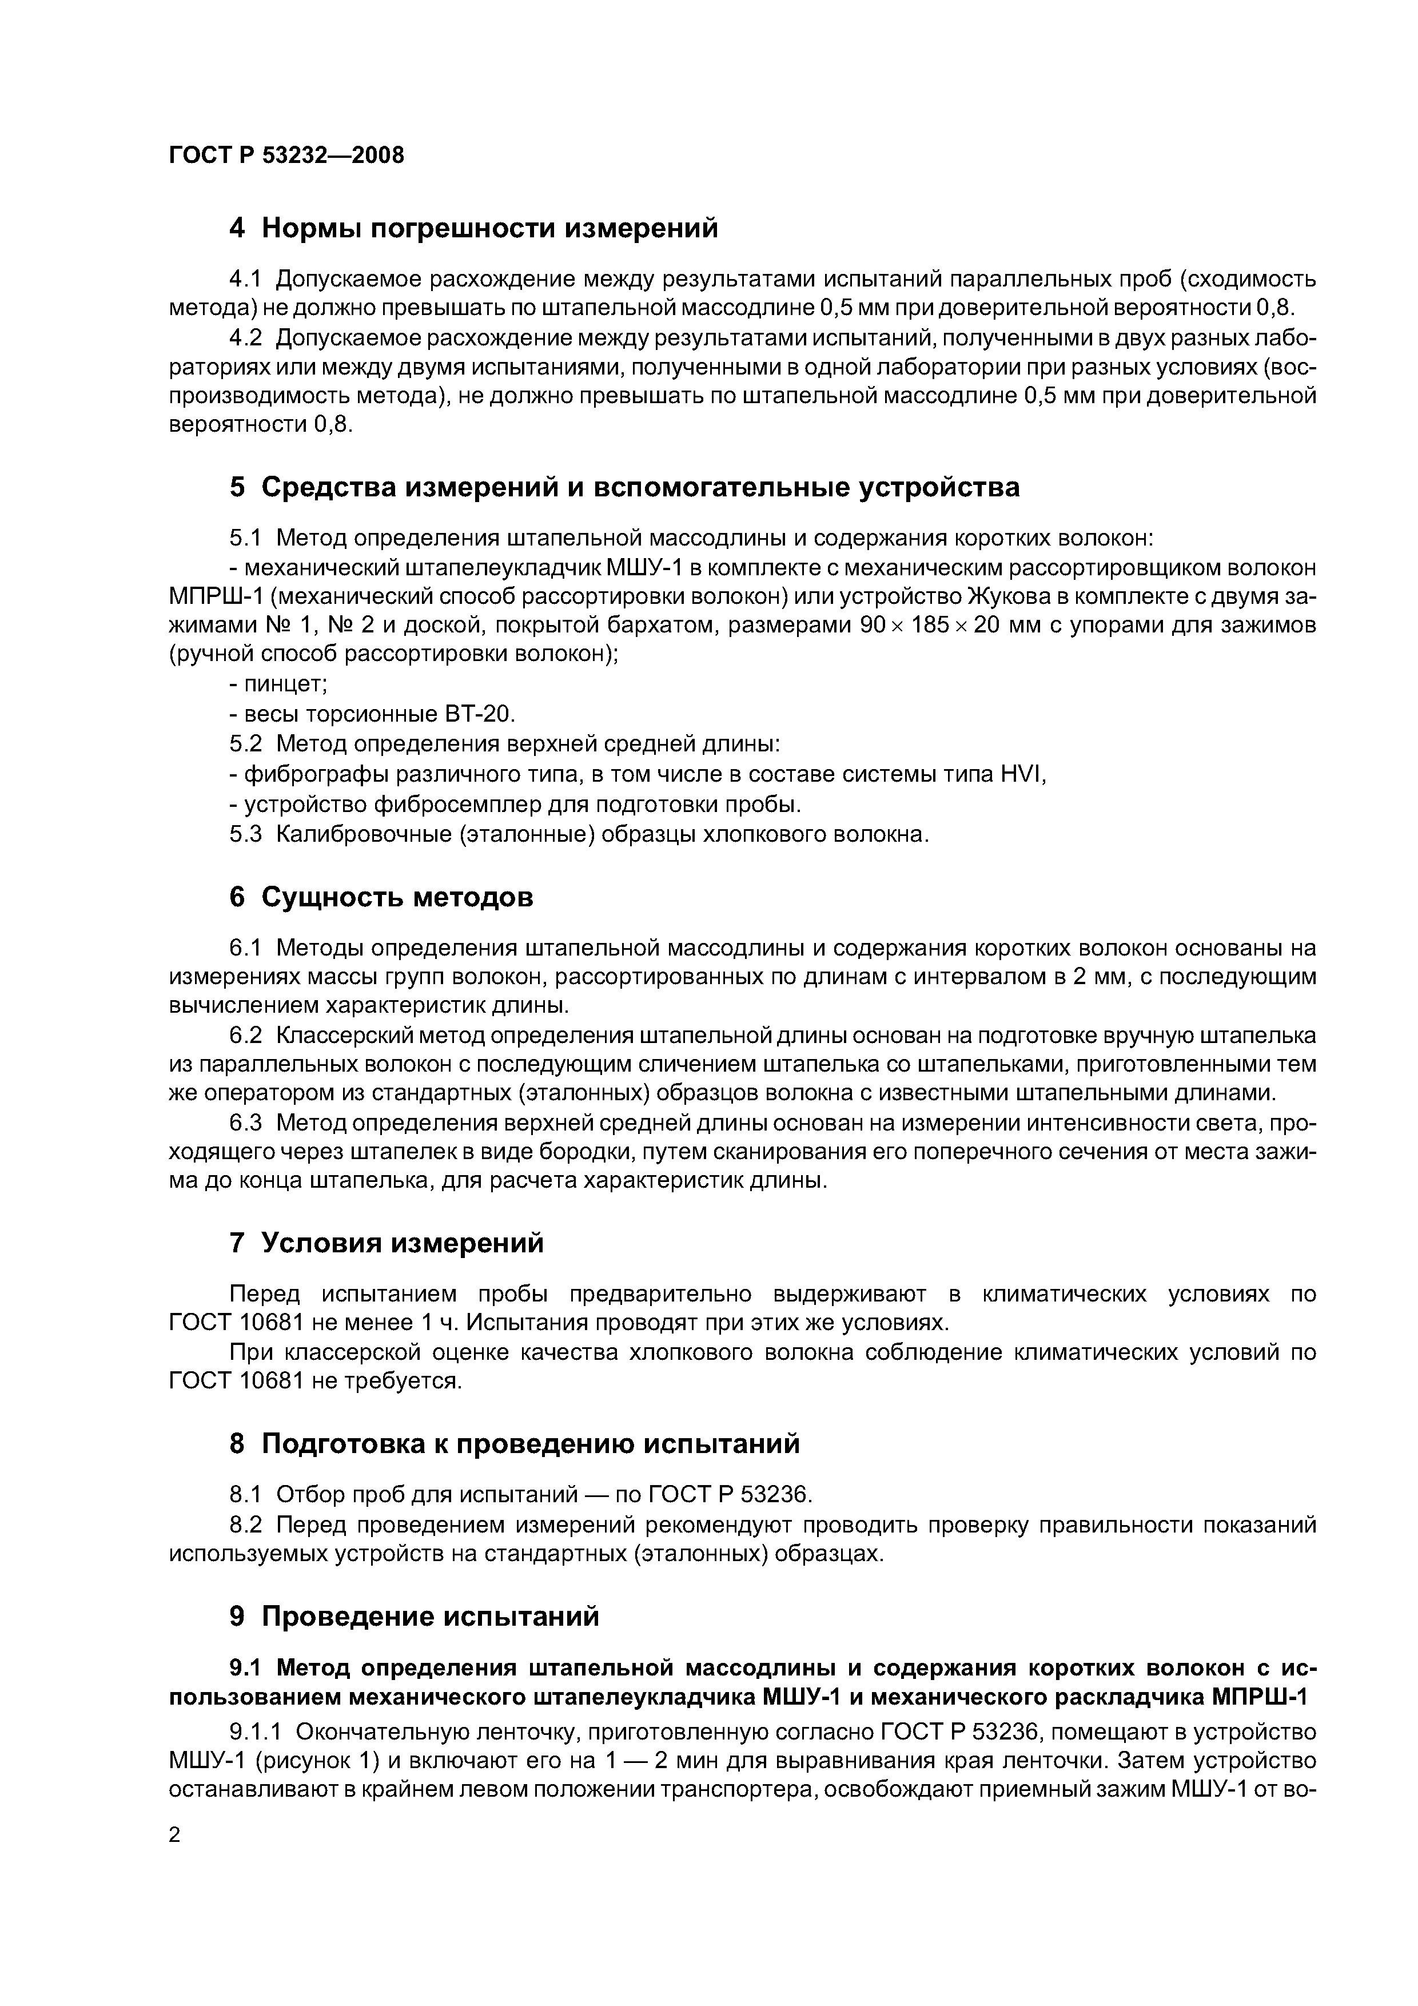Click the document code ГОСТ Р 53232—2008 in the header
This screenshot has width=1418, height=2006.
point(286,156)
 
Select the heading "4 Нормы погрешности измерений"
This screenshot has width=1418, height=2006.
point(473,229)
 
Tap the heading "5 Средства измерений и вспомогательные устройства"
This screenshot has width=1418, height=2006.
point(624,488)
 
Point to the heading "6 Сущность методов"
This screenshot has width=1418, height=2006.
point(381,897)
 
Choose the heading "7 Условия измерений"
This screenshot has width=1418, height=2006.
point(386,1243)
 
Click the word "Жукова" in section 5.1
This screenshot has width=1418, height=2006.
point(1009,597)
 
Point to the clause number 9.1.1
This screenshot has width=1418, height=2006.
point(255,1732)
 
